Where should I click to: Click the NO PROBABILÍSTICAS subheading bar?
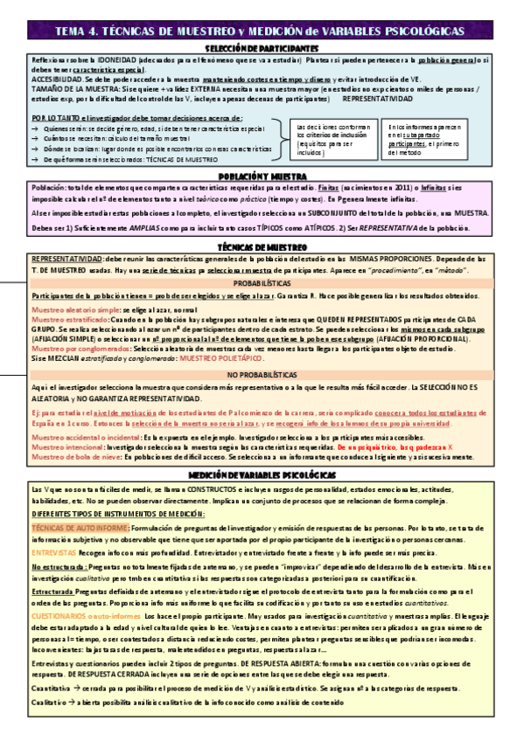(262, 374)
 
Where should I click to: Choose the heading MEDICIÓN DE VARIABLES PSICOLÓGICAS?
(261, 473)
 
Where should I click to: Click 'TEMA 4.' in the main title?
(77, 30)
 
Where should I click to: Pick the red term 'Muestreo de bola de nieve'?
(66, 456)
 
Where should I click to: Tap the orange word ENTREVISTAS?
(52, 554)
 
